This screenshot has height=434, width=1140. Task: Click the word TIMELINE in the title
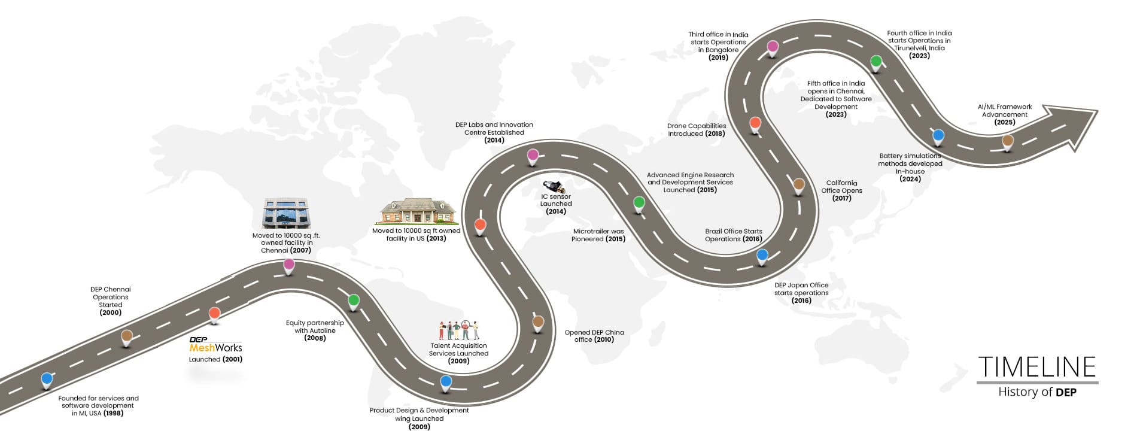coord(1037,366)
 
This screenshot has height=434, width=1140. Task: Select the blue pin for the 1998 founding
coord(47,379)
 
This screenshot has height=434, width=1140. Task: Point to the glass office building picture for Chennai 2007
coord(285,214)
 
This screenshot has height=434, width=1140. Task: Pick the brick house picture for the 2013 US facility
coord(418,211)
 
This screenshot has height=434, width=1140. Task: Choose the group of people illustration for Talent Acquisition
coord(458,330)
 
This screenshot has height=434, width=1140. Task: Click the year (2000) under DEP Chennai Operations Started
coord(110,312)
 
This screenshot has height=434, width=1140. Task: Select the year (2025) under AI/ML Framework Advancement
coord(1005,122)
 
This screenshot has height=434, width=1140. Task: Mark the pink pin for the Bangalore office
coord(773,47)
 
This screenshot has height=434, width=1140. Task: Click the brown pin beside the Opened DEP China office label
coord(538,322)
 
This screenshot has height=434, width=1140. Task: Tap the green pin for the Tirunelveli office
coord(875,61)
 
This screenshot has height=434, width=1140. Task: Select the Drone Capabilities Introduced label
coord(696,130)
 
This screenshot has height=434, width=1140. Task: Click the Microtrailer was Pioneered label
coord(598,235)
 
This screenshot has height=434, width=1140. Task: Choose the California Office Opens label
coord(841,190)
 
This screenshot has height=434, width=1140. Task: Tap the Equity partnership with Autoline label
coord(315,330)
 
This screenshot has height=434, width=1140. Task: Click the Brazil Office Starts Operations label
coord(733,235)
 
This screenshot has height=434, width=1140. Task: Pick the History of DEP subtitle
coord(1037,392)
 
